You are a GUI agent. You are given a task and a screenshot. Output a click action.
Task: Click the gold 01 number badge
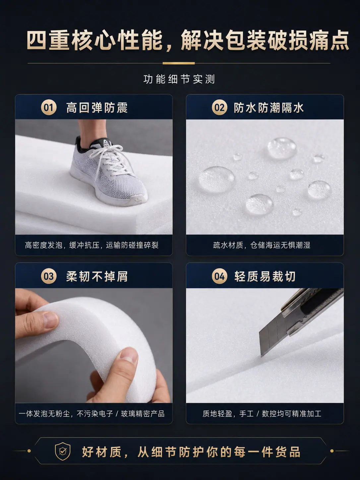(x=48, y=107)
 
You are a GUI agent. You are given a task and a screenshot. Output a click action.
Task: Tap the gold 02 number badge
(x=219, y=107)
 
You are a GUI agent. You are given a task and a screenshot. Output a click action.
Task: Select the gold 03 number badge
(x=48, y=276)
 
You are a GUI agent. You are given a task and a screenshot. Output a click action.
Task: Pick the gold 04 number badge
(x=219, y=276)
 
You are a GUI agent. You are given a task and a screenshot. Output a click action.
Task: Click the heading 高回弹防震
(x=97, y=108)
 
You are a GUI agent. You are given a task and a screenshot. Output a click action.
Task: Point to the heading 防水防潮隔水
(x=269, y=108)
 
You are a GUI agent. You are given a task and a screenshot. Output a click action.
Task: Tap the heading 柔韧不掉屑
(x=97, y=276)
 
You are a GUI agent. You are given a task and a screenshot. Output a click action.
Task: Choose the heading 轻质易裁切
(x=265, y=276)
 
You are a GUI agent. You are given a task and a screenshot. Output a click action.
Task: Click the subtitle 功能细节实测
(x=179, y=79)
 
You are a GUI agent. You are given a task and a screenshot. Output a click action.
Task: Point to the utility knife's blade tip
(x=262, y=356)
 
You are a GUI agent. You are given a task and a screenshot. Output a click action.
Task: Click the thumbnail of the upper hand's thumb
(x=51, y=320)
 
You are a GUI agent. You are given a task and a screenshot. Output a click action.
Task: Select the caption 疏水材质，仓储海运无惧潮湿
(x=262, y=245)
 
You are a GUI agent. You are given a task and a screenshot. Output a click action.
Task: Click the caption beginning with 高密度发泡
(x=91, y=245)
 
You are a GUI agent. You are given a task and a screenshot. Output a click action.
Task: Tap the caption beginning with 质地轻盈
(x=262, y=413)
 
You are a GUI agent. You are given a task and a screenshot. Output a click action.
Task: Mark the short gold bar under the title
(x=179, y=63)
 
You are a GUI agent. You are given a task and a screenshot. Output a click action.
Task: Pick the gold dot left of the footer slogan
(x=29, y=451)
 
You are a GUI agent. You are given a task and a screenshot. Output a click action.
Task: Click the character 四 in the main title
(x=37, y=41)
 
